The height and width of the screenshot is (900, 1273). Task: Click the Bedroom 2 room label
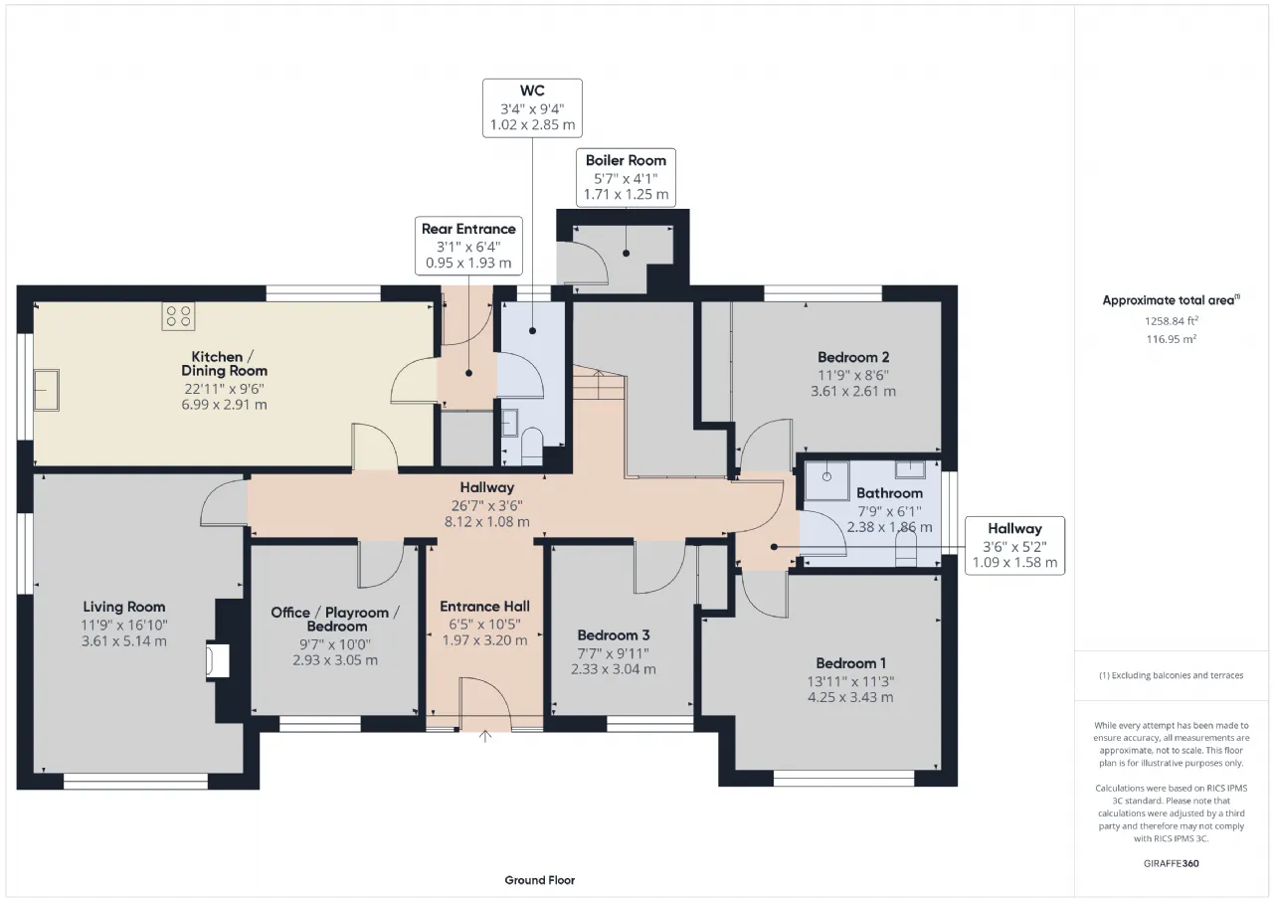[x=853, y=357]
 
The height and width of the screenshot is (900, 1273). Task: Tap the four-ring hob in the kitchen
[x=178, y=316]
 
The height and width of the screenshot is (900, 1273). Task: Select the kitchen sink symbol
[x=47, y=391]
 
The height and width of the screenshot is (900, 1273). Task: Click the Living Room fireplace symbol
[x=218, y=659]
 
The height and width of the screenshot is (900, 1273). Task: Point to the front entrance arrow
[x=484, y=736]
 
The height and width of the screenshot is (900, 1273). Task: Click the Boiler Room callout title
[x=626, y=161]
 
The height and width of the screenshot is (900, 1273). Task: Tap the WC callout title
[x=532, y=90]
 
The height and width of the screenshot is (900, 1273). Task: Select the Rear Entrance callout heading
[x=468, y=229]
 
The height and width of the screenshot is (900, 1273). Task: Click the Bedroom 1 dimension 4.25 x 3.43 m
[x=850, y=697]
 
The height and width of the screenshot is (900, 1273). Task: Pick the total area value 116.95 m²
[x=1172, y=339]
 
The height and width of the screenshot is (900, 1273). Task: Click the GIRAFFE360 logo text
[x=1172, y=863]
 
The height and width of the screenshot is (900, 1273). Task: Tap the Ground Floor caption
[x=539, y=880]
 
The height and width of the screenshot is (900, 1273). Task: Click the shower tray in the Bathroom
[x=826, y=480]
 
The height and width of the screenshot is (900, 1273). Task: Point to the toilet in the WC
[x=532, y=447]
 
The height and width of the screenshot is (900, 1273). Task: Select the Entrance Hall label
[x=484, y=607]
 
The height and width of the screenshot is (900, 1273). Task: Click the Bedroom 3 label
[x=614, y=635]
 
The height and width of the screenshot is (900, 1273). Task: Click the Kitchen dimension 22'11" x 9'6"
[x=224, y=389]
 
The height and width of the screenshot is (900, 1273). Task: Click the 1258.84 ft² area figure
[x=1172, y=321]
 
